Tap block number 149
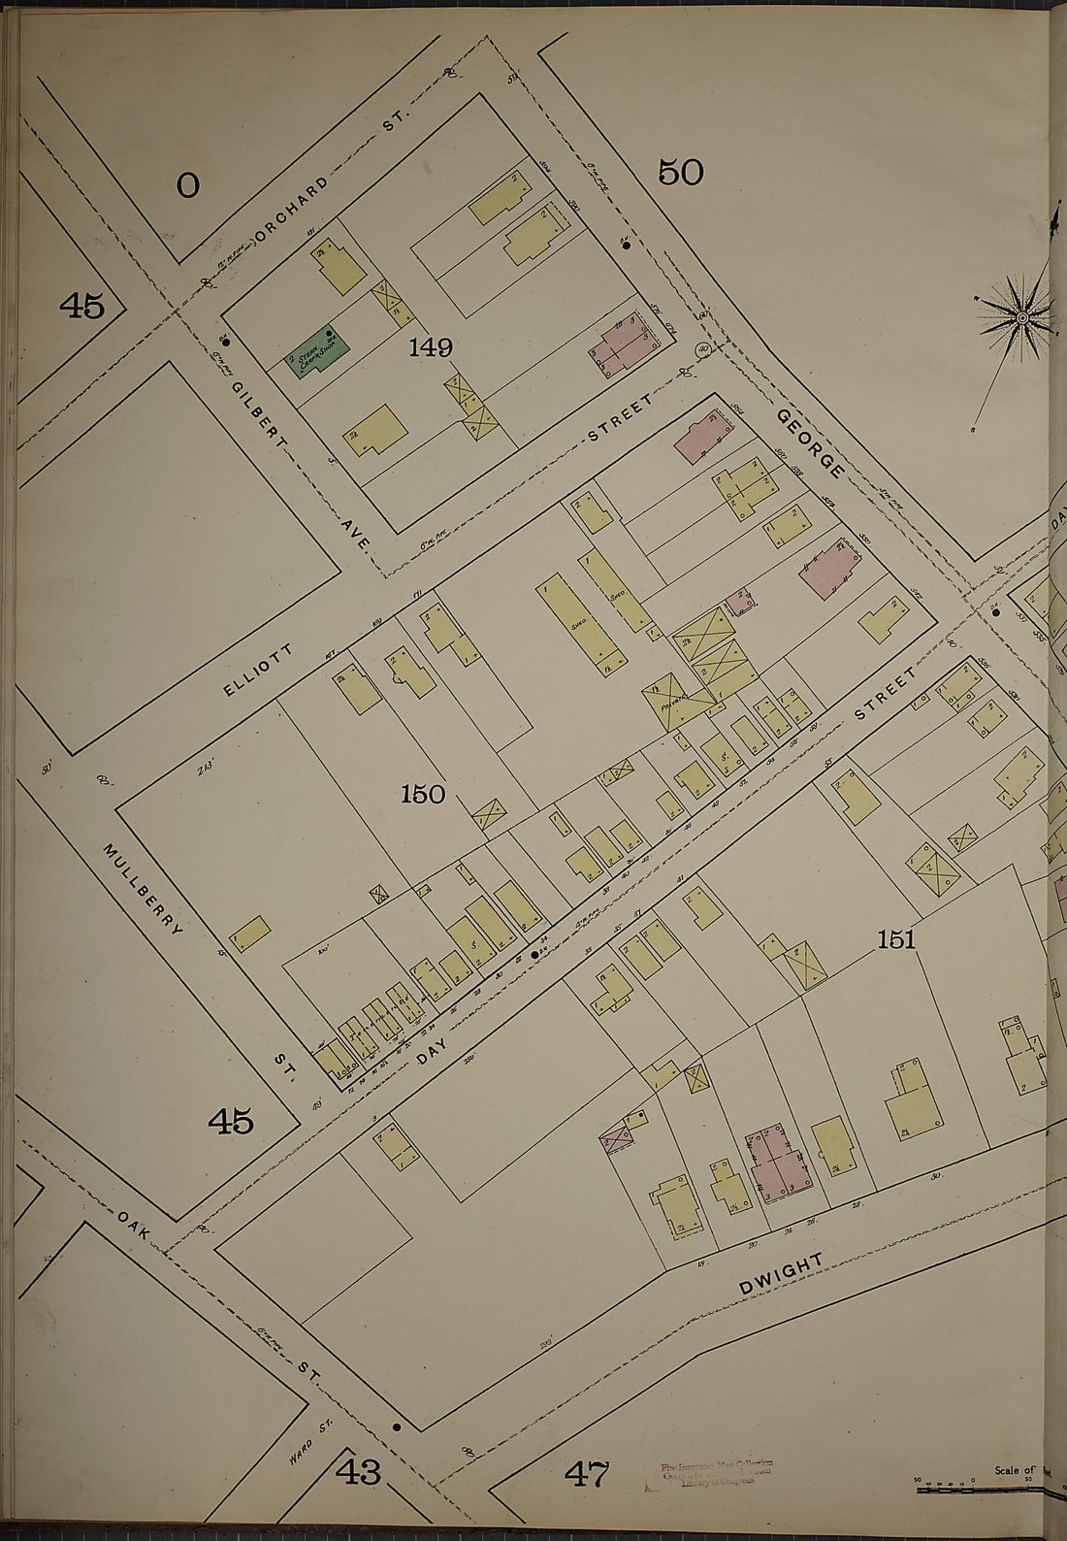[x=430, y=346]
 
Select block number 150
[x=423, y=794]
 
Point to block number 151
[x=896, y=938]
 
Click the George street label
[x=810, y=443]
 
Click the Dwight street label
[x=781, y=1273]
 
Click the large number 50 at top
[x=680, y=172]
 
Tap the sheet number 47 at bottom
[x=587, y=1474]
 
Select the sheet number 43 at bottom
[x=359, y=1472]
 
